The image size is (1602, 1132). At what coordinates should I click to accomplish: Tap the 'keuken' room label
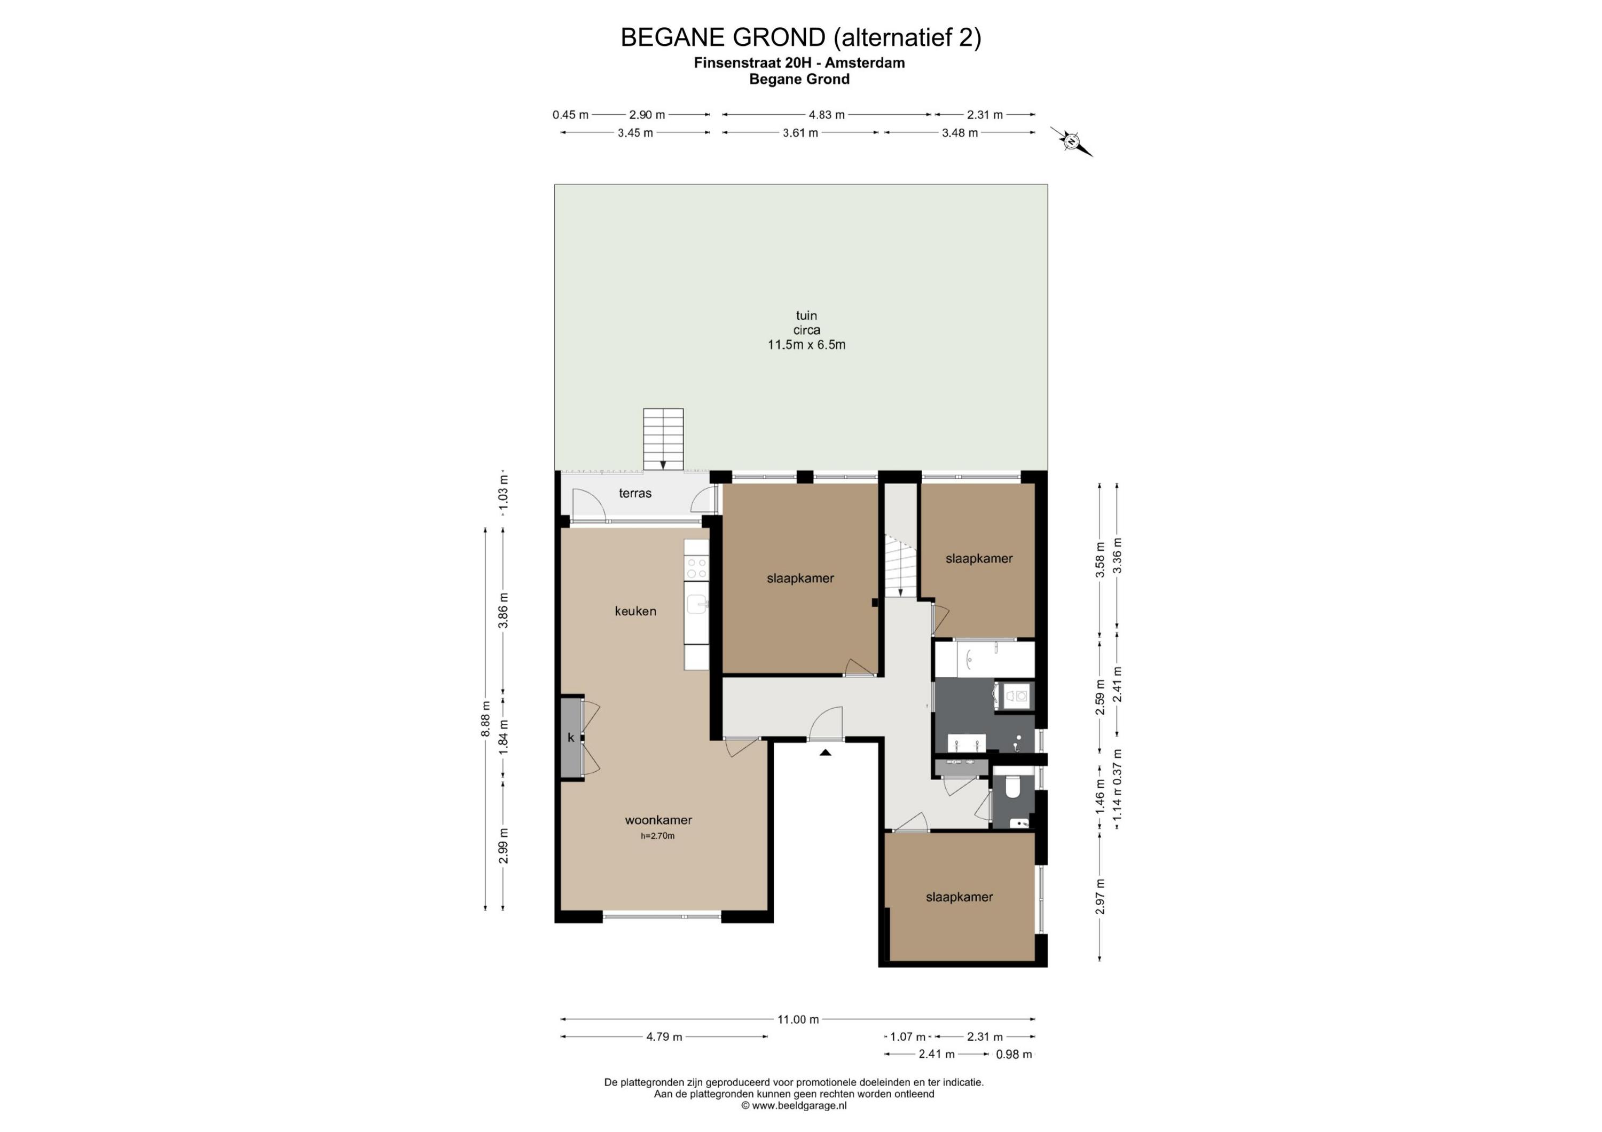(x=635, y=611)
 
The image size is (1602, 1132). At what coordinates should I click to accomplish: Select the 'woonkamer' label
(x=658, y=820)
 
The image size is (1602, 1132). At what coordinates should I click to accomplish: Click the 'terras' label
(x=635, y=493)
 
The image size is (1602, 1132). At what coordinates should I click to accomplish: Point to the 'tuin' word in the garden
(x=806, y=315)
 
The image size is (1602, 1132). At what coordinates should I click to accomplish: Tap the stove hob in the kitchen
(x=696, y=568)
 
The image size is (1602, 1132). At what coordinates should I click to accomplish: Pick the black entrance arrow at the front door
(x=826, y=752)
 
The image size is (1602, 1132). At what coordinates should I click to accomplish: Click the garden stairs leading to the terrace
(x=663, y=439)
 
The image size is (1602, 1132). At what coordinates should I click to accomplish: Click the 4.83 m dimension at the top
(x=827, y=114)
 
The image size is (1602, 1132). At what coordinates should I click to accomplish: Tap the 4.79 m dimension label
(x=664, y=1036)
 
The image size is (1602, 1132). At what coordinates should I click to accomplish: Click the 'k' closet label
(x=571, y=737)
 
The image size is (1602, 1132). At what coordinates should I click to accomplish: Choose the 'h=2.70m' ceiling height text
(x=658, y=836)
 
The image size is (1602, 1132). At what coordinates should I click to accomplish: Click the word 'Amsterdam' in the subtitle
(x=865, y=63)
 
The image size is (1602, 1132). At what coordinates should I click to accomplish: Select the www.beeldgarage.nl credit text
(x=794, y=1105)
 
